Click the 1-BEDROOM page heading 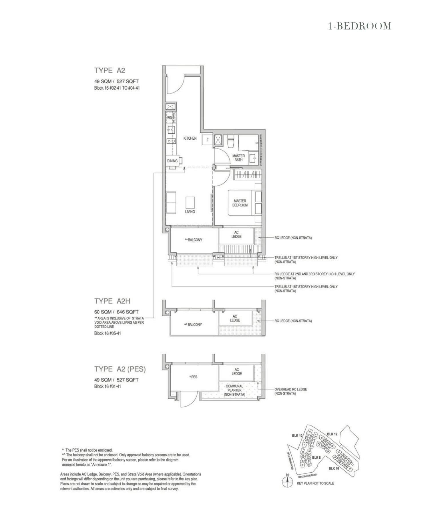359,26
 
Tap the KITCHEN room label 190,138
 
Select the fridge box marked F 207,140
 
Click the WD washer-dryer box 170,118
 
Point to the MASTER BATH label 238,158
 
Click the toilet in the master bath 230,142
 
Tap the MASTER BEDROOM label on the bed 240,203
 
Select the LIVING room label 190,212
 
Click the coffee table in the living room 190,203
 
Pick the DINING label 172,161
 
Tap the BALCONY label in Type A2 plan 194,240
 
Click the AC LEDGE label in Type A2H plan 235,318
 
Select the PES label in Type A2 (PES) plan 194,377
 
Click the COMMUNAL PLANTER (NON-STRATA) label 234,390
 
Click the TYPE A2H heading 112,301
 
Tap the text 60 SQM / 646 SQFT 116,312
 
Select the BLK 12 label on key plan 332,434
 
